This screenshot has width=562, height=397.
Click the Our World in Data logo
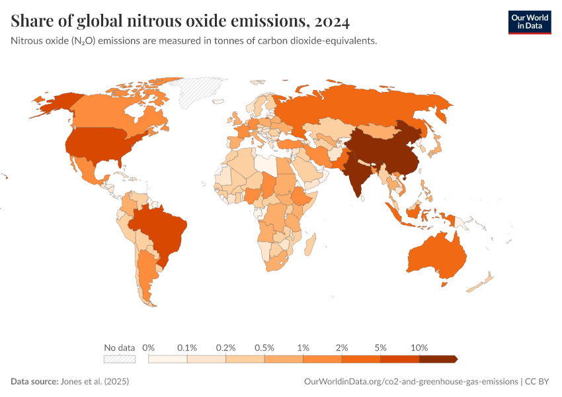click(529, 21)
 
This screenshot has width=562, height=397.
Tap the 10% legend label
click(419, 347)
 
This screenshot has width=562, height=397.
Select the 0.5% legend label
click(264, 347)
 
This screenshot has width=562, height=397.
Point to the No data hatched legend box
click(120, 359)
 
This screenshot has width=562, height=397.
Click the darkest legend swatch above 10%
click(438, 359)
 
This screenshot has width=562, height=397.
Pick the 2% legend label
click(342, 347)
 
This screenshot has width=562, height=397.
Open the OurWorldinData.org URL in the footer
click(410, 382)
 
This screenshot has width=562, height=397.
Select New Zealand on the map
click(481, 282)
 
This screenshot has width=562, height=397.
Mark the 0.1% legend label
click(187, 347)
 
